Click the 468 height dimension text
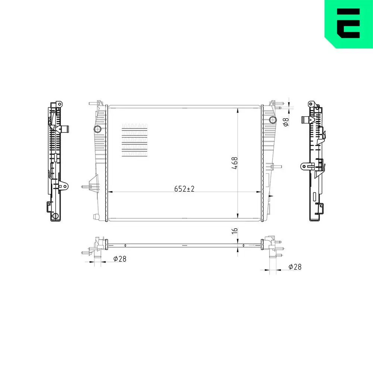pos(235,163)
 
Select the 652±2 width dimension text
pos(184,189)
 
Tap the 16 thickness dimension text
pos(235,231)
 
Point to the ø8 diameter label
pos(286,122)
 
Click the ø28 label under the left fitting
pos(119,258)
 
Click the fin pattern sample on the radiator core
pos(135,140)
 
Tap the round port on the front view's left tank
pos(97,129)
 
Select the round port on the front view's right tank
pos(273,120)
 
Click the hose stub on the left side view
pos(66,129)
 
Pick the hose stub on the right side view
pos(305,120)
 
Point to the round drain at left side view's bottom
pos(56,216)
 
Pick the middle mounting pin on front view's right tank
pos(276,166)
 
